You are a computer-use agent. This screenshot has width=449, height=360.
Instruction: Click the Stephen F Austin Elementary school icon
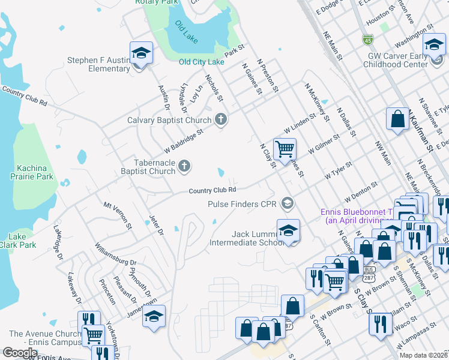[x=141, y=53]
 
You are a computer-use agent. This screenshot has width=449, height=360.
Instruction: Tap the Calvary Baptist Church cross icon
[x=221, y=119]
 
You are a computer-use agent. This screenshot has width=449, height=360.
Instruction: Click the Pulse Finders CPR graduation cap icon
[x=288, y=203]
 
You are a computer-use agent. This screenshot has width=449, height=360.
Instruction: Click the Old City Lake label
[x=202, y=62]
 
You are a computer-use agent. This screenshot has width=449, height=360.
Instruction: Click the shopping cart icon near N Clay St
[x=284, y=148]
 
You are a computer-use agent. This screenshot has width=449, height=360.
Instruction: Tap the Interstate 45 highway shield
[x=367, y=40]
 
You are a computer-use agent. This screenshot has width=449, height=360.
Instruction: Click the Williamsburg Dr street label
[x=115, y=254]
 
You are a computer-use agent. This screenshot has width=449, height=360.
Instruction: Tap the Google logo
[x=20, y=352]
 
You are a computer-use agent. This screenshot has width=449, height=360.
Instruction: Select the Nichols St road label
[x=214, y=88]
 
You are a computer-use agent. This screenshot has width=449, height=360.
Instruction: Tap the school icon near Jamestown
[x=154, y=316]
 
